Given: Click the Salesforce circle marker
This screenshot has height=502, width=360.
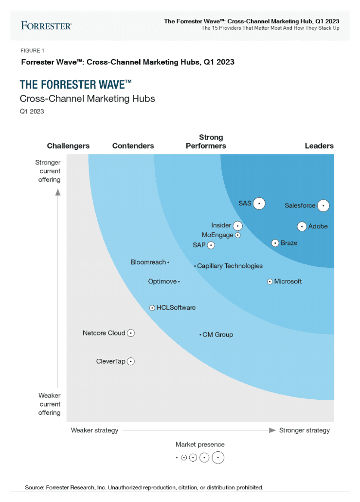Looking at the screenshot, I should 323,205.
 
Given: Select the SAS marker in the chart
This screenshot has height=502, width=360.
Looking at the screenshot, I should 259,204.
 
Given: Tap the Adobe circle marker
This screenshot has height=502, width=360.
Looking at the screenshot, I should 302,226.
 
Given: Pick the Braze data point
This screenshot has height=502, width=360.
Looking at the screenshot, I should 275,243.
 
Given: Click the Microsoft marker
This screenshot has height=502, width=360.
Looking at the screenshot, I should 270,281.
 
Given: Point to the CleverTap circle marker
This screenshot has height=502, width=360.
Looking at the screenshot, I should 130,361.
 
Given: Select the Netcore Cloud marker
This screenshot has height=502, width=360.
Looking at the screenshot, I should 130,333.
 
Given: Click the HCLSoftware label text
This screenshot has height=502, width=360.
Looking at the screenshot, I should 176,308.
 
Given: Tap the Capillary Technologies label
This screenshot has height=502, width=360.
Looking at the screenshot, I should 230,266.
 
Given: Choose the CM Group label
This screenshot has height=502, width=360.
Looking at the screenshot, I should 217,335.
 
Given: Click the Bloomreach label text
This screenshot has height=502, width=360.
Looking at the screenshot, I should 148,262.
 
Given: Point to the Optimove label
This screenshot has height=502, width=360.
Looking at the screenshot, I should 162,281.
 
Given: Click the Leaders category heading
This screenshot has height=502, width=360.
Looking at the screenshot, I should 319,146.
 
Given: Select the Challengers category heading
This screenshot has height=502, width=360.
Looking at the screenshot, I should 68,146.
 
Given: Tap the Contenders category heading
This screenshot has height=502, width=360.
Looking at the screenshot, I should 133,146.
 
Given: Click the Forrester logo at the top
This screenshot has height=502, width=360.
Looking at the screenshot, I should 46,25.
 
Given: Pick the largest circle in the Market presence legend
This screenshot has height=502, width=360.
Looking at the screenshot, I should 218,458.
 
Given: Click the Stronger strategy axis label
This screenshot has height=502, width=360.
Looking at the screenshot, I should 305,430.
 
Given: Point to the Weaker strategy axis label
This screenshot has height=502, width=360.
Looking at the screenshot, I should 94,430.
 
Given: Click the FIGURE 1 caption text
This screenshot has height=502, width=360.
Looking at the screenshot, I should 33,51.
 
